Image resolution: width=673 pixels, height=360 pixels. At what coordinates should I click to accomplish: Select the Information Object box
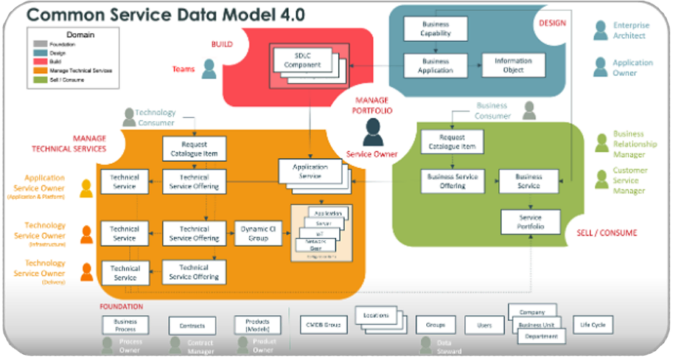[513, 66]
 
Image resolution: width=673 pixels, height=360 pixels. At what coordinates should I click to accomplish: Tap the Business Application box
[435, 66]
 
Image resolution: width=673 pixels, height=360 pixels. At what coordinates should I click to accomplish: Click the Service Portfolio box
[530, 222]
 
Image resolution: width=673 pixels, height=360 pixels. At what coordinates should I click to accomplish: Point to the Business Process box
[125, 325]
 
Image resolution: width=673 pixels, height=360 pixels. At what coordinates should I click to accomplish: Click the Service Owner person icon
[373, 131]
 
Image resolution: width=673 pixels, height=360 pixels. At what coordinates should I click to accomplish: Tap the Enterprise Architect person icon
[600, 30]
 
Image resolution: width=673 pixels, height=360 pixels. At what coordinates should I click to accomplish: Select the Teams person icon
[209, 69]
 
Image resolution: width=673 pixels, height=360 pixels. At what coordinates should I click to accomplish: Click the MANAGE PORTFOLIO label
[374, 105]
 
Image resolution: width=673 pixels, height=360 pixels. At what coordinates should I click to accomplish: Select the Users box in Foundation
[484, 325]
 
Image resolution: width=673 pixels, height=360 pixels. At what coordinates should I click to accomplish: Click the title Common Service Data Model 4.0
[166, 15]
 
